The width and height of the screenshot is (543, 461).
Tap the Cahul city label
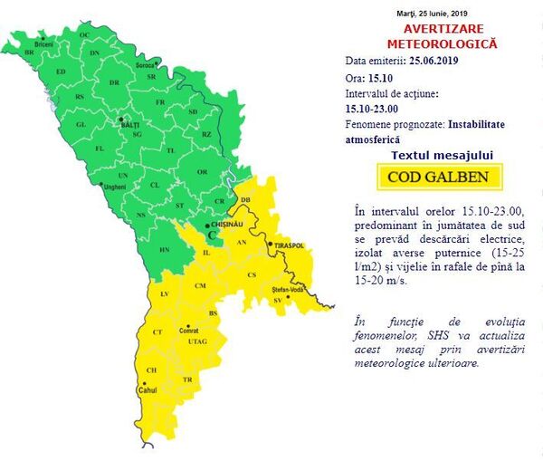pos(147,391)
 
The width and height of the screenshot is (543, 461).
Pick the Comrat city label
pos(189,331)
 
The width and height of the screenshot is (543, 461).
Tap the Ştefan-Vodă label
pos(286,290)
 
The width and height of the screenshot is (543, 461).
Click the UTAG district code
pos(198,341)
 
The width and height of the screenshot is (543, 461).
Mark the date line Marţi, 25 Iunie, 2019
pos(443,13)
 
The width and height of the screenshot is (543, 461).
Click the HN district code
pos(165,249)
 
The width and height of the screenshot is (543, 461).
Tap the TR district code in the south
pos(187,380)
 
